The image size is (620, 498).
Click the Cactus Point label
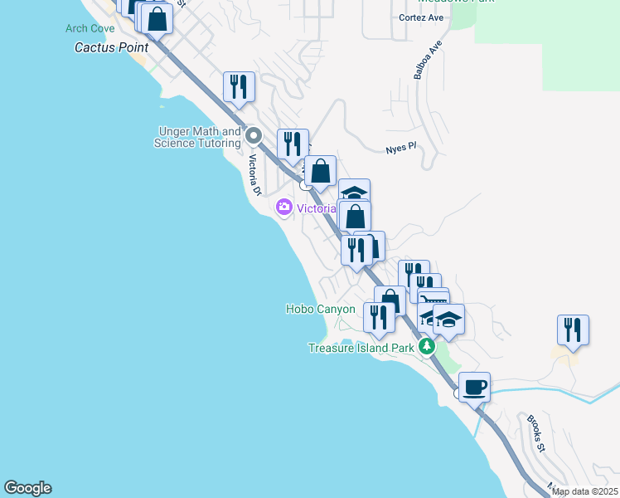111,47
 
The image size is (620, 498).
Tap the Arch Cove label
90,28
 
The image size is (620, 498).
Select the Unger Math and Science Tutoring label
197,137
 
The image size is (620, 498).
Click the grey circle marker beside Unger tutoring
254,136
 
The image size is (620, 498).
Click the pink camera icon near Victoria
284,207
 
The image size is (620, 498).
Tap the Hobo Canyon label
320,309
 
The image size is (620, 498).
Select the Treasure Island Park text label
361,348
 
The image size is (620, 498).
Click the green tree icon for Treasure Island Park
426,346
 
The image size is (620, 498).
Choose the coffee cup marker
474,387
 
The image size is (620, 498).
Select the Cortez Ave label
422,17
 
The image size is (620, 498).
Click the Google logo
27,488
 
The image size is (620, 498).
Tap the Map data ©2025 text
584,491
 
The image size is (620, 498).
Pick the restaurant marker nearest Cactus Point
239,86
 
